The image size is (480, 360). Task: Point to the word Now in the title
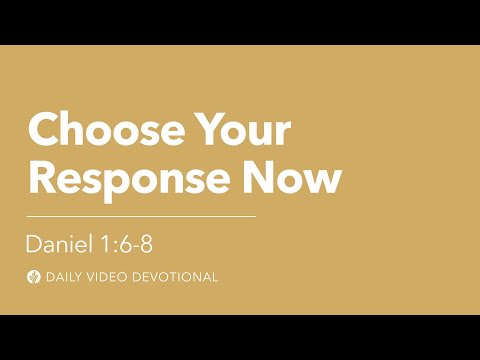[292, 177]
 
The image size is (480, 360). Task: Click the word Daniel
[59, 244]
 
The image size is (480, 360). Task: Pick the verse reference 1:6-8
[126, 244]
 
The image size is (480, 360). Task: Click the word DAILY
[63, 277]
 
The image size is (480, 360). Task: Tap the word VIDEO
[107, 277]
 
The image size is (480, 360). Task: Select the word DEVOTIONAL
[175, 277]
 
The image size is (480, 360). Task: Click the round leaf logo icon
[34, 277]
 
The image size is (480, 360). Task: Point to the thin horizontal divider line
[141, 216]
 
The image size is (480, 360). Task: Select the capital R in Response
[42, 177]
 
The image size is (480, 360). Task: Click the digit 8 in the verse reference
[146, 244]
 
